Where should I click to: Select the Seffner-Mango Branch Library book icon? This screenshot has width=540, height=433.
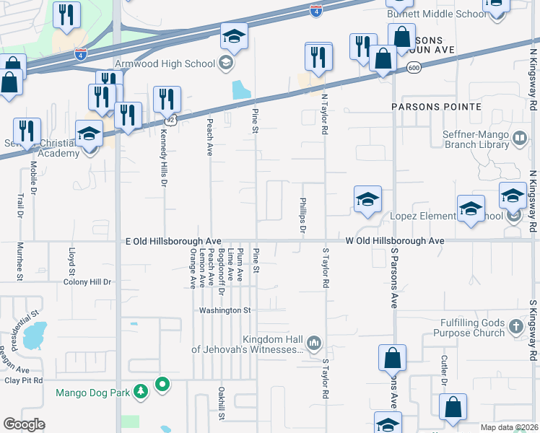tap(519, 139)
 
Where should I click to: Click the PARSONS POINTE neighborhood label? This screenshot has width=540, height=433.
tap(436, 106)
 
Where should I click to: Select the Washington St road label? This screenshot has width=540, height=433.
tap(225, 310)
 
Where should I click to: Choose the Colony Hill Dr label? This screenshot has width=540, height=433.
tap(87, 282)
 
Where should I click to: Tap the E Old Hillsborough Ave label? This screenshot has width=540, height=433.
tap(173, 241)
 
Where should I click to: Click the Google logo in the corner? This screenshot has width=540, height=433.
tap(24, 424)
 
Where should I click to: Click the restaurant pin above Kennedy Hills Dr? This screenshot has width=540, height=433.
tap(167, 100)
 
